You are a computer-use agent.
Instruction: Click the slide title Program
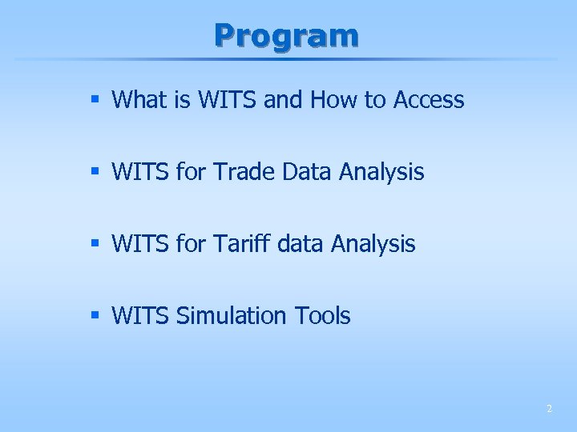click(286, 35)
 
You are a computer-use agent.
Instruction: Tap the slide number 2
click(549, 409)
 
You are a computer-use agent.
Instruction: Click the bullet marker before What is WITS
click(95, 100)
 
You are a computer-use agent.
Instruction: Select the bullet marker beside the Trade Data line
click(95, 172)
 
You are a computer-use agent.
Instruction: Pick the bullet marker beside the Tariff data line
click(95, 244)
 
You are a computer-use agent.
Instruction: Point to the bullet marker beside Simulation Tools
click(95, 316)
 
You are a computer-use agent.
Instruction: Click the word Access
click(429, 100)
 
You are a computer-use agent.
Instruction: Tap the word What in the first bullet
click(135, 100)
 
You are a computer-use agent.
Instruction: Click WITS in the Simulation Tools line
click(140, 316)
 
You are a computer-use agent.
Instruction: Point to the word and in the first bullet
click(281, 100)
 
